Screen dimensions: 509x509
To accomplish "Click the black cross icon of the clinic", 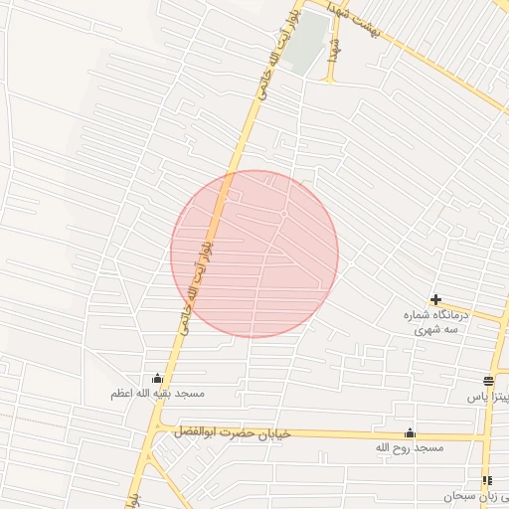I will [x=435, y=299].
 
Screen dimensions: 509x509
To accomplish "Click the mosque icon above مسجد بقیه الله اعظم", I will [x=156, y=378].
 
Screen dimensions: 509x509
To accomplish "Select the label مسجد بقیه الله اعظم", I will [x=157, y=394].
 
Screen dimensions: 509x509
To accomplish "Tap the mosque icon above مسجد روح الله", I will [x=410, y=433].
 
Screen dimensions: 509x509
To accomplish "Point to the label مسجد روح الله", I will [x=409, y=449].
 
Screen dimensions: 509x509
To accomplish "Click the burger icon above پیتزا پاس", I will [x=489, y=381].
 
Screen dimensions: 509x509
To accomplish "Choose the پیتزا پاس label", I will [x=488, y=397].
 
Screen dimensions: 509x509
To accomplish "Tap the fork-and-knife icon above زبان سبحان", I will [x=487, y=480].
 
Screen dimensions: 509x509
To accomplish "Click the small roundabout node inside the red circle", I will [x=283, y=214].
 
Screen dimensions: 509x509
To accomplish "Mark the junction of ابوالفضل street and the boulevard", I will [x=159, y=430].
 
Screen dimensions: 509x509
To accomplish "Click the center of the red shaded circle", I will [x=254, y=254].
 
